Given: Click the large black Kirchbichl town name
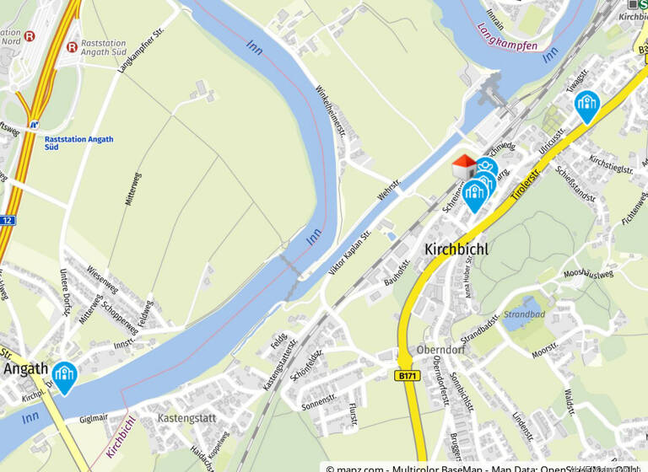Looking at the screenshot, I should (x=462, y=249).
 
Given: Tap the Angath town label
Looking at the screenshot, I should (x=24, y=369).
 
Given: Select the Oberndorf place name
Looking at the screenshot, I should (x=441, y=350).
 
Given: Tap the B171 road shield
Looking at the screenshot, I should (x=407, y=375).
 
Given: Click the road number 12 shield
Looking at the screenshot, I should (x=7, y=220).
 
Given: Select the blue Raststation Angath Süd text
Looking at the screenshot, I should (x=78, y=142).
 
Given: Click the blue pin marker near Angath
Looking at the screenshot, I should (x=64, y=375).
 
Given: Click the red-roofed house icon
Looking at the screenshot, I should (x=463, y=166).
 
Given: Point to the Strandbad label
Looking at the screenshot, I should (x=524, y=314).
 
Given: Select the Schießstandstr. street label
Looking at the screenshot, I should (x=576, y=185).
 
